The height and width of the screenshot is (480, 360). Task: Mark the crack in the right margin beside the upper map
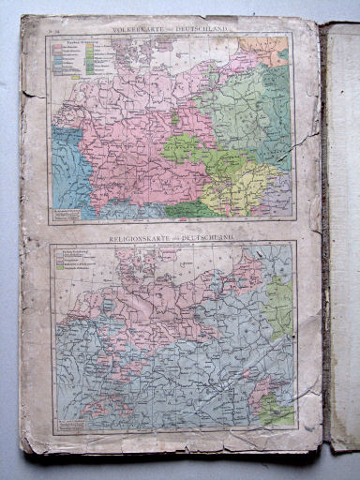(x=306, y=141)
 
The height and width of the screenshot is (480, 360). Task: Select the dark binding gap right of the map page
(x=324, y=234)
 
